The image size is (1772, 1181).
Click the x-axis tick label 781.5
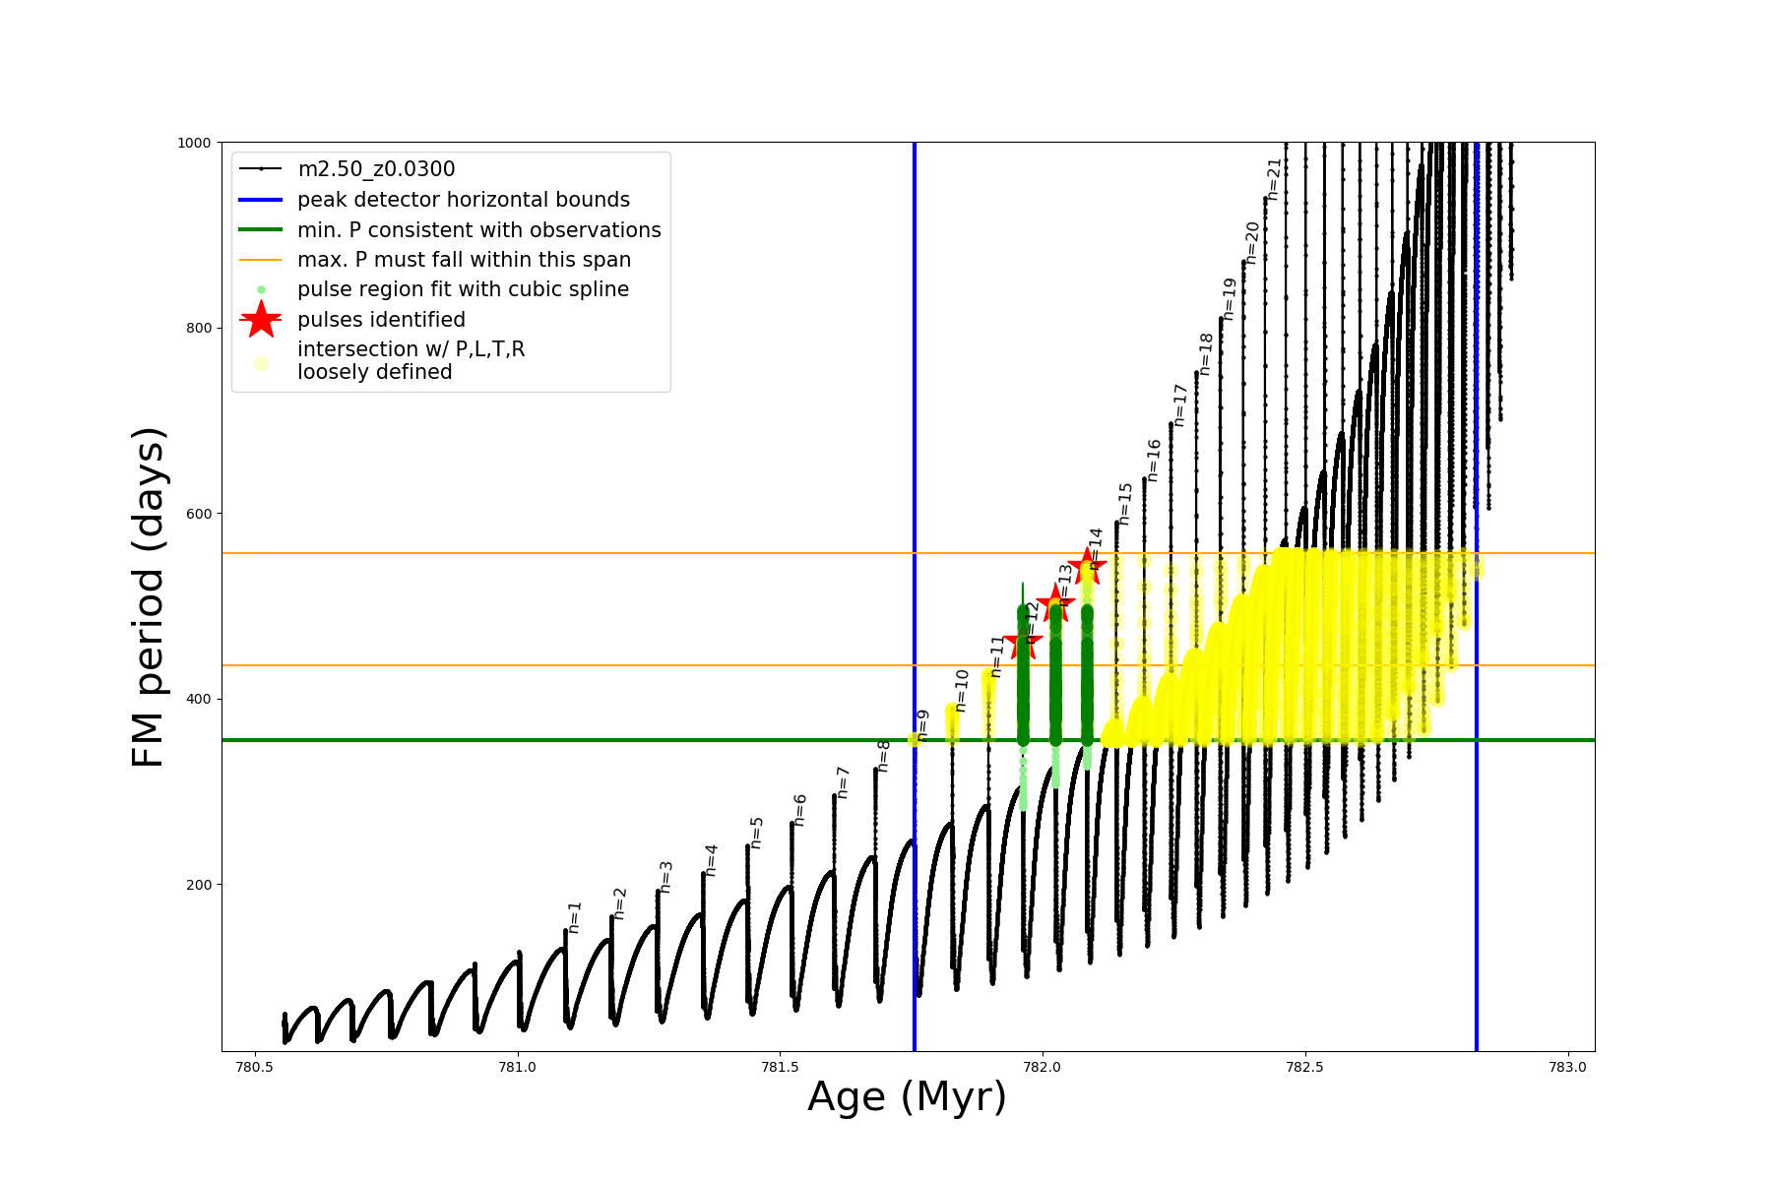tap(780, 1066)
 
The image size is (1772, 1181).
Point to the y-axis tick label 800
tap(198, 328)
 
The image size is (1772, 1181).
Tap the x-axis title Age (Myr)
tap(907, 1096)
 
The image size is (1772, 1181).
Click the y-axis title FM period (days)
tap(148, 596)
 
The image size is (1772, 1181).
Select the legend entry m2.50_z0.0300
tap(376, 169)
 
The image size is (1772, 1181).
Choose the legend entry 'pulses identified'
tap(381, 320)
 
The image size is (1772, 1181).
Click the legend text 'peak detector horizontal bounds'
tap(464, 200)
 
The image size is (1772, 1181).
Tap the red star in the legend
tap(261, 320)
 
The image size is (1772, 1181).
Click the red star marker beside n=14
tap(1087, 565)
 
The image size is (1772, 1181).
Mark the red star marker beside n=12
tap(1023, 643)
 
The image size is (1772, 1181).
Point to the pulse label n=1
tap(575, 916)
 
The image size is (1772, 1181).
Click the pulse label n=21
tap(1274, 179)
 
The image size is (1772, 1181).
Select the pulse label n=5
tap(757, 832)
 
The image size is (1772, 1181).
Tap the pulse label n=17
tap(1179, 404)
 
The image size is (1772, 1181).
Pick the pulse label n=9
tap(922, 724)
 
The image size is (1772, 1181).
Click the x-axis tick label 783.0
tap(1567, 1066)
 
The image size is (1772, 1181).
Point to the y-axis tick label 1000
tap(194, 143)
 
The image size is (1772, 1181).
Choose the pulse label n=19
tap(1229, 298)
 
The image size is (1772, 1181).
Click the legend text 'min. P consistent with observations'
tap(479, 230)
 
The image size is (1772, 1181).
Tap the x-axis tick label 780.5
tap(254, 1066)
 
